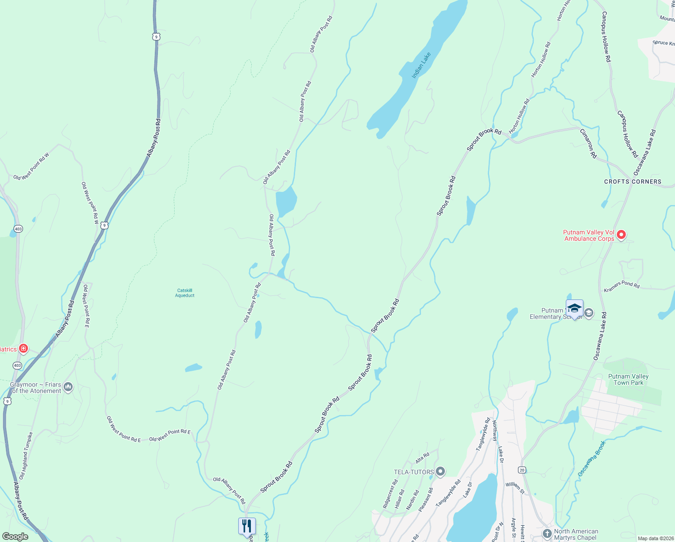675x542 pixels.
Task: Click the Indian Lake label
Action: [x=421, y=65]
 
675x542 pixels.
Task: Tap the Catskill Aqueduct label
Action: [x=185, y=293]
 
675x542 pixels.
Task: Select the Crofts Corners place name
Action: [x=633, y=182]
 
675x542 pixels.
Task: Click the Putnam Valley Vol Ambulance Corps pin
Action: [x=621, y=234]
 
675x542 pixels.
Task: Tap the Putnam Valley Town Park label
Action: [x=628, y=379]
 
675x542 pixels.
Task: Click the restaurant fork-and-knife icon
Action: [x=247, y=526]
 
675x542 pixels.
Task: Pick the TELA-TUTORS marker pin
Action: [x=440, y=472]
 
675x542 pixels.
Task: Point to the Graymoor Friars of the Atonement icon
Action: [x=68, y=387]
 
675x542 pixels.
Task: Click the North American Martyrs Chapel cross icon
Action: [x=547, y=534]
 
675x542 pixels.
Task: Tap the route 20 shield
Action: [x=522, y=470]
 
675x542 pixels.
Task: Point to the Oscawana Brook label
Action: [x=592, y=459]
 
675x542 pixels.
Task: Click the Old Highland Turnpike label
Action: [x=26, y=456]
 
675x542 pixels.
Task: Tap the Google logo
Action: [x=15, y=537]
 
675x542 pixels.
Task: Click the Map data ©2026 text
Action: [x=655, y=538]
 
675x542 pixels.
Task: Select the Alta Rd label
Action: [x=422, y=458]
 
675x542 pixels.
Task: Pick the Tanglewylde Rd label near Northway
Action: [x=483, y=435]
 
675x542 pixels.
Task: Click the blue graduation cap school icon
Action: [x=574, y=308]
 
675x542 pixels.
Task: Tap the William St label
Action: [x=515, y=487]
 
